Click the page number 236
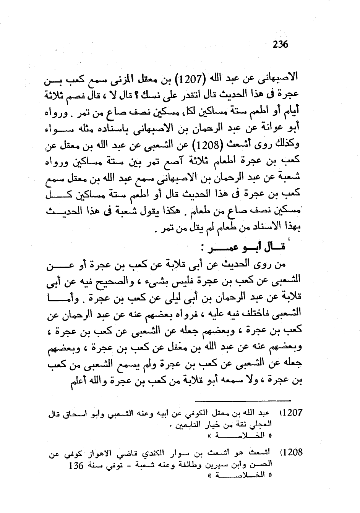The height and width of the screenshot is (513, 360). pos(281,44)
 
